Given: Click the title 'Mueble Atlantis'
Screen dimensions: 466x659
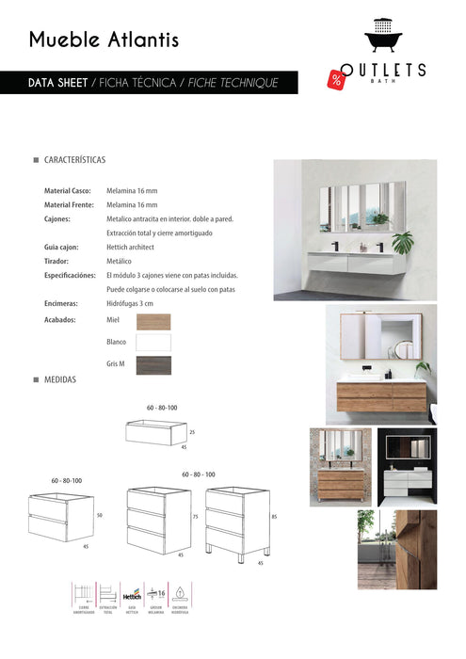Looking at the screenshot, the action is click(104, 40).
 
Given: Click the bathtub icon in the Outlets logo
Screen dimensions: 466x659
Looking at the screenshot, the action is click(383, 39).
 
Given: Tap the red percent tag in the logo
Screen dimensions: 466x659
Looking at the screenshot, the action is click(336, 79).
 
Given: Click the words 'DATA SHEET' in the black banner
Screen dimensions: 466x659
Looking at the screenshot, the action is click(58, 83).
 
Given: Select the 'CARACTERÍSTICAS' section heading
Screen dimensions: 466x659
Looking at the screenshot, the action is click(74, 161).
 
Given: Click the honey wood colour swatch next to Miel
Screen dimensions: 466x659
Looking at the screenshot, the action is click(153, 321).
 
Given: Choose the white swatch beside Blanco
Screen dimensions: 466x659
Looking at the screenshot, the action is click(153, 343).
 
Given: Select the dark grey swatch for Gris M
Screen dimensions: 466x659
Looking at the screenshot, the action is click(153, 365).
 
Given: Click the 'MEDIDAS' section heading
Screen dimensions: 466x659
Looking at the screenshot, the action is click(59, 379).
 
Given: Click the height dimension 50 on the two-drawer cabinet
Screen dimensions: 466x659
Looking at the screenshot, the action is click(99, 515).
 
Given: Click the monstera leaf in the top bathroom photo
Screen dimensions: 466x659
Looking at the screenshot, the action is click(403, 244).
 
